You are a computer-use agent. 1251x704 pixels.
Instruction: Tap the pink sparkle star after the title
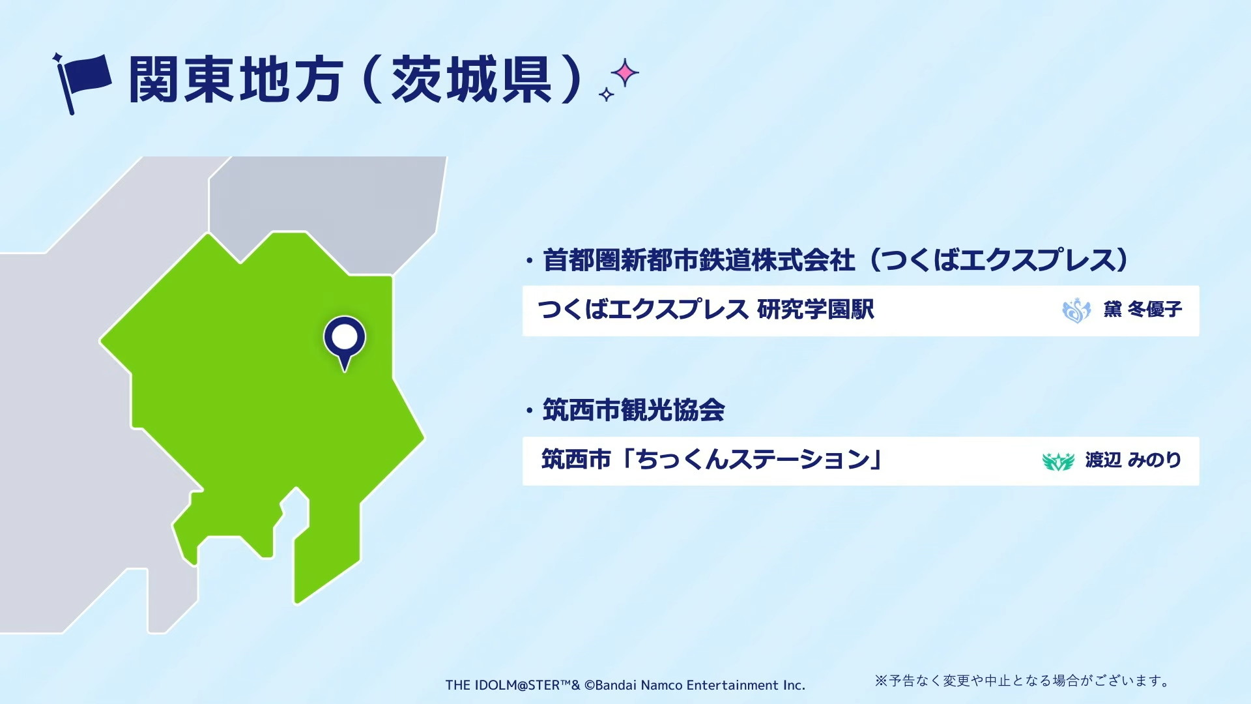click(625, 73)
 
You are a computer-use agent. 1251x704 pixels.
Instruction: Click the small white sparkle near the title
click(607, 95)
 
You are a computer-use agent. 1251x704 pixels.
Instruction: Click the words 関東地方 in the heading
click(236, 80)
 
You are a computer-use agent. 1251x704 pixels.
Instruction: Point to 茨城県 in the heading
click(472, 80)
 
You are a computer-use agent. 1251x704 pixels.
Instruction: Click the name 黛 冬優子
click(1143, 309)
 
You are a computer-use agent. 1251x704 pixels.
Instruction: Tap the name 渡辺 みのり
click(1133, 460)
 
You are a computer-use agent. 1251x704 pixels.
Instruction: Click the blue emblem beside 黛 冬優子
click(1076, 310)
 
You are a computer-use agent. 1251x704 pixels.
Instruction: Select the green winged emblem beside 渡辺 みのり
click(1058, 462)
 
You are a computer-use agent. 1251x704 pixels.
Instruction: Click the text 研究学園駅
click(816, 310)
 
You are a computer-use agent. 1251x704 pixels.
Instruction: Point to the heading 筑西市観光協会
click(634, 411)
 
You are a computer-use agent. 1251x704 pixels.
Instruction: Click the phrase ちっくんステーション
click(753, 460)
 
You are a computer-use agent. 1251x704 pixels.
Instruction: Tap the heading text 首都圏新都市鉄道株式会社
click(699, 260)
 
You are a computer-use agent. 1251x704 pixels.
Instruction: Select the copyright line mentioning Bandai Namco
click(625, 685)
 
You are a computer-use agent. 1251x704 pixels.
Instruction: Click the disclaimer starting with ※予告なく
click(1022, 681)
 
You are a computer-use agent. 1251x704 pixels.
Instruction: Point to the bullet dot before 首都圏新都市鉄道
click(530, 261)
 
